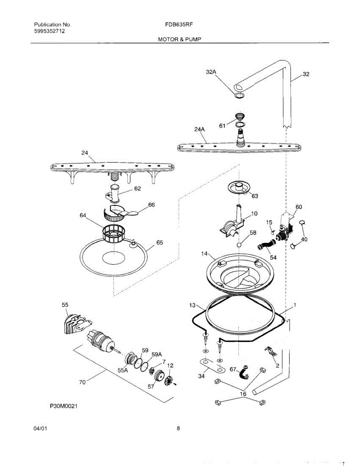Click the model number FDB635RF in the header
point(179,24)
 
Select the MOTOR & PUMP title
point(179,39)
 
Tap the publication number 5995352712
point(49,31)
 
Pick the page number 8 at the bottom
point(178,429)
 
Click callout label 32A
point(211,72)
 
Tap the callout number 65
point(160,243)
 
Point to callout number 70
point(82,383)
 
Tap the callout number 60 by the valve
point(299,207)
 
